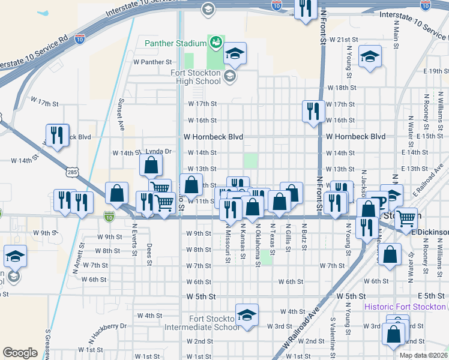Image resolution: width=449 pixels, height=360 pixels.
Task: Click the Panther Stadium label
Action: pyautogui.click(x=175, y=43)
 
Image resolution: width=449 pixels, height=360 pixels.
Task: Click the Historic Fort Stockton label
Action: pyautogui.click(x=405, y=307)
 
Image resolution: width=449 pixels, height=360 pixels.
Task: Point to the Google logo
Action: pyautogui.click(x=20, y=353)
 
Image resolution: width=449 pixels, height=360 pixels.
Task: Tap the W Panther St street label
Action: pyautogui.click(x=152, y=62)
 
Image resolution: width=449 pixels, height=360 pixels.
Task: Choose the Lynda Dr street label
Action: pyautogui.click(x=158, y=152)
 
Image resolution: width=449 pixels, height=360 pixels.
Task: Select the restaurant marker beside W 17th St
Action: pyautogui.click(x=313, y=111)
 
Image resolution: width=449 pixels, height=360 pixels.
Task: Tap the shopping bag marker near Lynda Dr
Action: pyautogui.click(x=152, y=164)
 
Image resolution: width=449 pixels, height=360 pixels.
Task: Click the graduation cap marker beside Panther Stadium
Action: pyautogui.click(x=235, y=53)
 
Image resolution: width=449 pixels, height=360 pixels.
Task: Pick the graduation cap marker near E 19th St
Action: pyautogui.click(x=369, y=57)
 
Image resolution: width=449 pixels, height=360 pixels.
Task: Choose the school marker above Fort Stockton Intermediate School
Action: pyautogui.click(x=246, y=314)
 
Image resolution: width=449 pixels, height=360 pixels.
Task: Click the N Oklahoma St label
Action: pyautogui.click(x=258, y=242)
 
